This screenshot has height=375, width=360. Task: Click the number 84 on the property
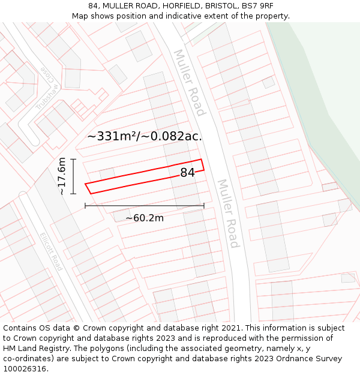[187, 173]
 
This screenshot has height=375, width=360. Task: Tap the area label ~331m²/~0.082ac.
[144, 136]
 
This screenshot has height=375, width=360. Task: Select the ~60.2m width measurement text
[145, 218]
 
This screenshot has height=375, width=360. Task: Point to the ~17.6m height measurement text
[62, 176]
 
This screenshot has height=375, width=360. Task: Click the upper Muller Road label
[190, 82]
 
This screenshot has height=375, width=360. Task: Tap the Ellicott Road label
[51, 251]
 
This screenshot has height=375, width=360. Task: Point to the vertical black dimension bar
[73, 176]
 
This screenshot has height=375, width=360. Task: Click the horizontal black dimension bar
[145, 206]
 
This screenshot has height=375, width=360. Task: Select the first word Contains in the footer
[21, 328]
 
